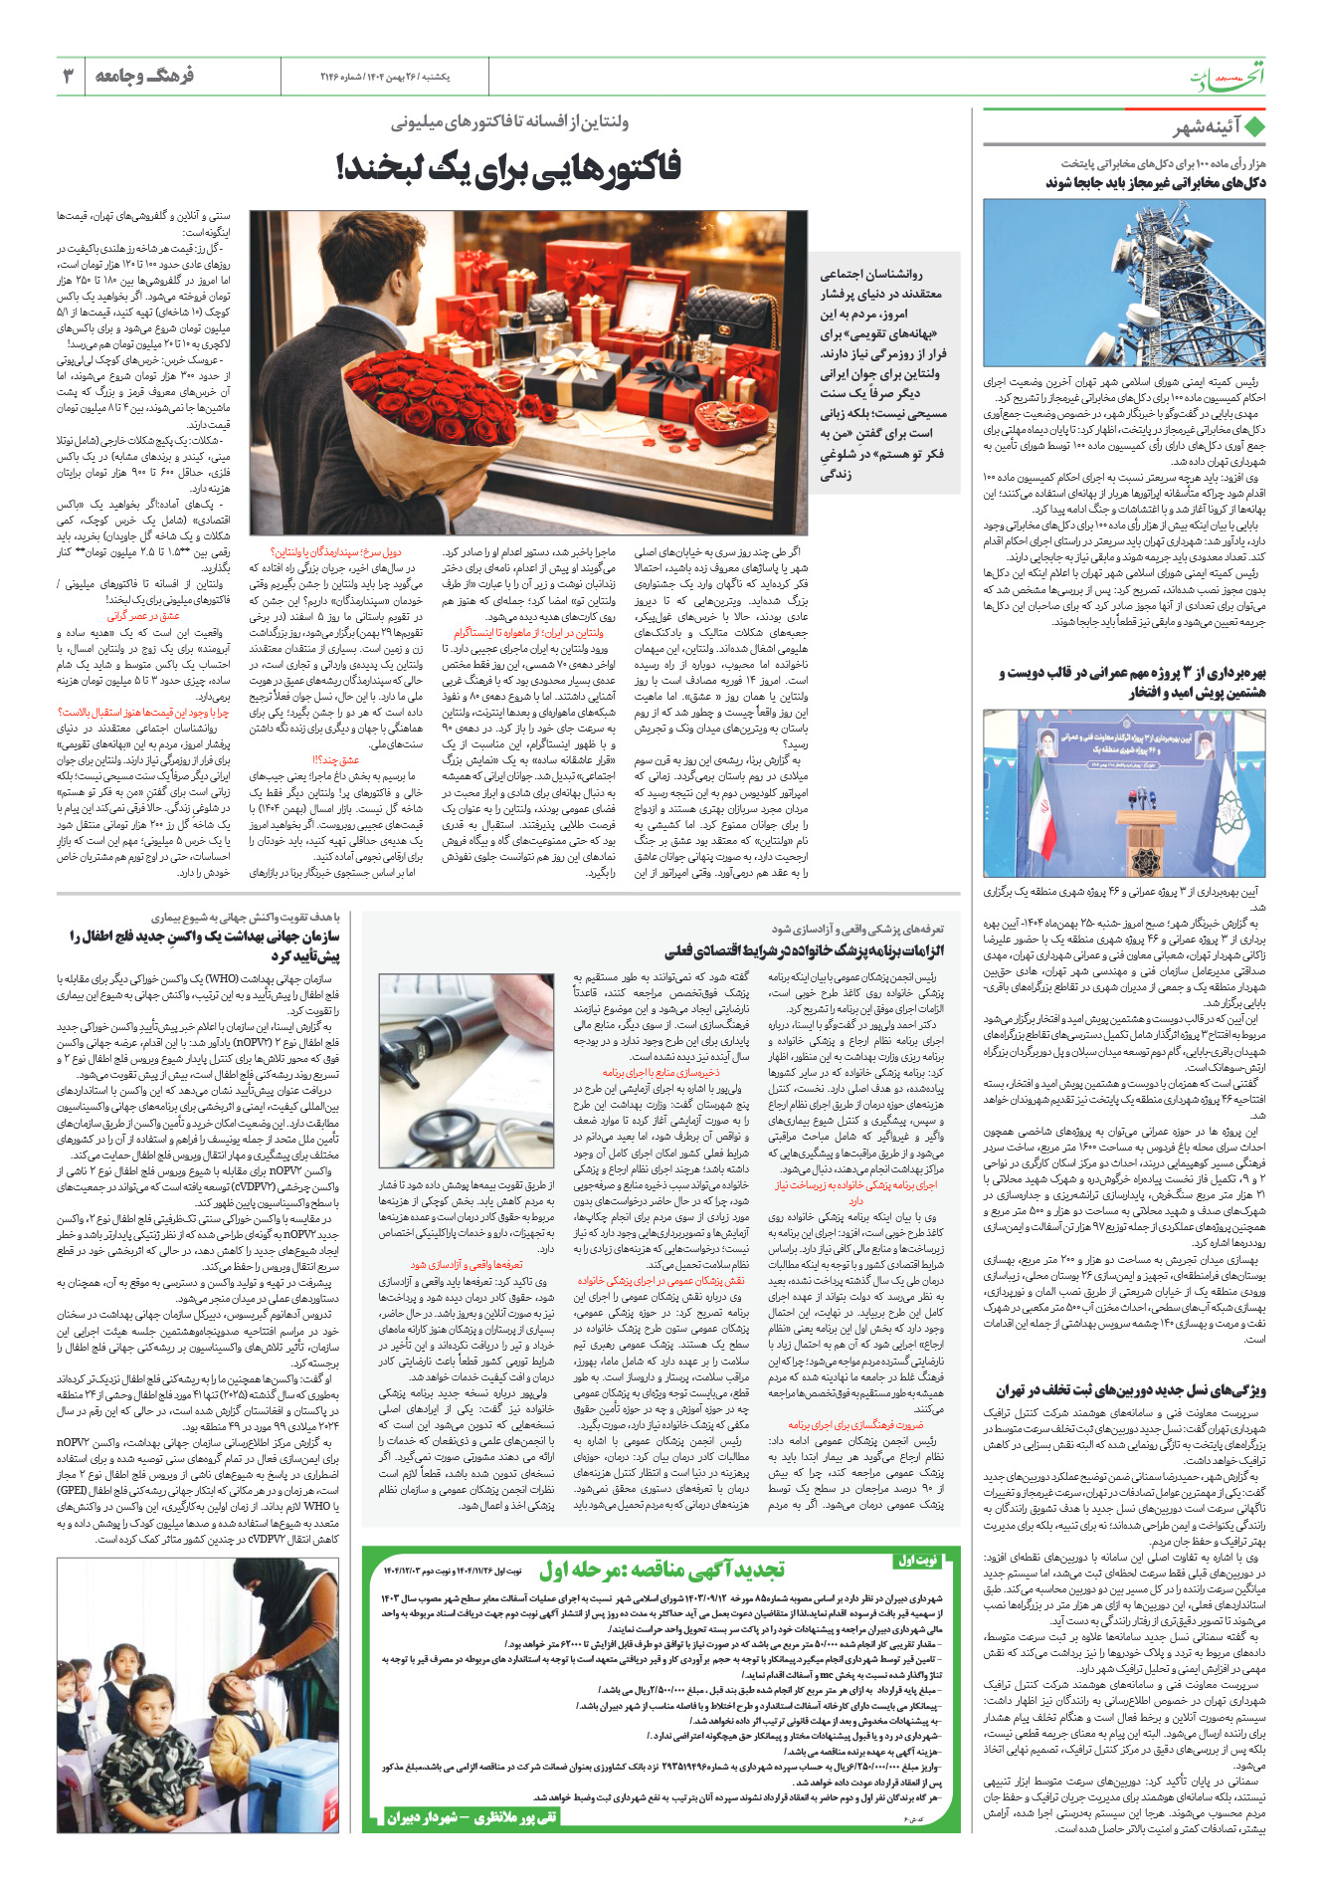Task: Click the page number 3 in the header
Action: (x=68, y=76)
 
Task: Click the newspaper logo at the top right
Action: (x=1228, y=78)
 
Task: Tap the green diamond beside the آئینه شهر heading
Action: (x=1254, y=127)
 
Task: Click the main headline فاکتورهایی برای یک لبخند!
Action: (x=508, y=166)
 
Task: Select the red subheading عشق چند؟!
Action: (x=336, y=759)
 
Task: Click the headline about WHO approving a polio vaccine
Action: (x=204, y=945)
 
